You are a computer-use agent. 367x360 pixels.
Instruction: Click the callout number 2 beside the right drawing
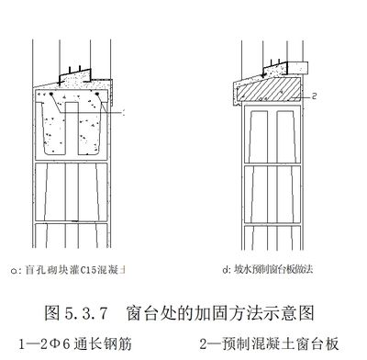tap(315, 96)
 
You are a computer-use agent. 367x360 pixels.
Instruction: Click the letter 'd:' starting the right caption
tap(225, 270)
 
